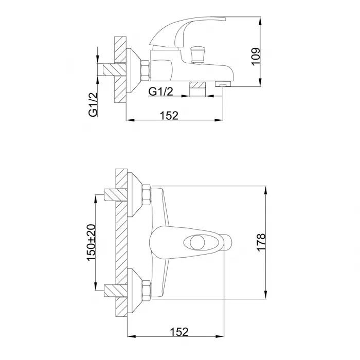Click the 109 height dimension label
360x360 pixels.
tap(256, 57)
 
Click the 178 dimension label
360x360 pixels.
tap(261, 243)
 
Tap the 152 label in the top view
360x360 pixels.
tap(169, 116)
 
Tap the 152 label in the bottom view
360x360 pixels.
tap(179, 332)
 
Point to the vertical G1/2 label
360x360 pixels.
tap(93, 105)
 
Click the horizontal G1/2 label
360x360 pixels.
tap(160, 92)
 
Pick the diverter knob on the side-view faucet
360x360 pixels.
tap(197, 55)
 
